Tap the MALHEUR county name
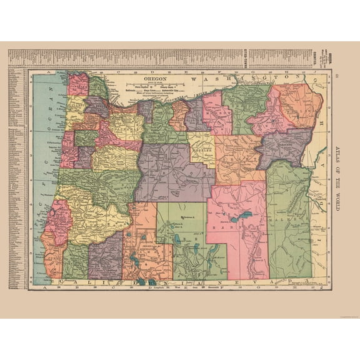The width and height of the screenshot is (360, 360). click(289, 220)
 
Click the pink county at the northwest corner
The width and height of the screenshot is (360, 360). click(78, 84)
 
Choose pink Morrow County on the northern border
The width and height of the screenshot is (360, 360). click(216, 112)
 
